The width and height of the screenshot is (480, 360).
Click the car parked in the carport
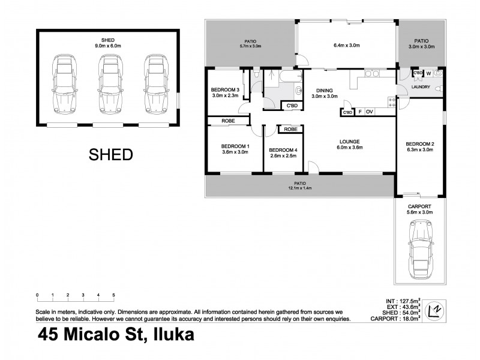[419, 248]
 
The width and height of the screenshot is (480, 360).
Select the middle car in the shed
[108, 84]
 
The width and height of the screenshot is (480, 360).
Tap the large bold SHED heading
[110, 155]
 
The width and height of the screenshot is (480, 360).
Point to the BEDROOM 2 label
[419, 144]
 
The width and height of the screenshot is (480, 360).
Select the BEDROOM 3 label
[225, 90]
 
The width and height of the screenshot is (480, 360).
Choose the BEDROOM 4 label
[283, 150]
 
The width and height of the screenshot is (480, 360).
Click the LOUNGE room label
[347, 142]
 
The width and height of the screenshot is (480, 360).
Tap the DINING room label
[324, 91]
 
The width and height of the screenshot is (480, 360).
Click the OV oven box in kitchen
[370, 112]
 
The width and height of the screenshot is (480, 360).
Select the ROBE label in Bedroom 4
[290, 129]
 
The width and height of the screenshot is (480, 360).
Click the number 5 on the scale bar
[113, 295]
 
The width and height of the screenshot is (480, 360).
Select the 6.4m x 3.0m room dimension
[346, 44]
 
